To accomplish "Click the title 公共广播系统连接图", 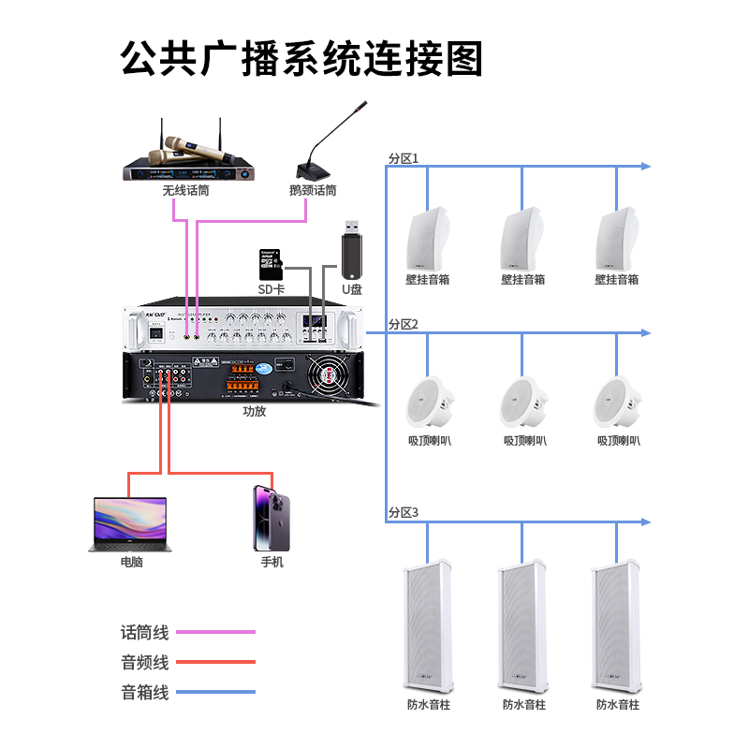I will tap(301, 58).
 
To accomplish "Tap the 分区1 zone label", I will tap(404, 158).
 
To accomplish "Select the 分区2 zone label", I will tap(404, 325).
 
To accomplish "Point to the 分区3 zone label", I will tap(404, 512).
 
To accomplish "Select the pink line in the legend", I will tap(215, 632).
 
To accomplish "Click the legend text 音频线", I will tap(144, 662).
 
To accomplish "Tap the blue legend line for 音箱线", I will tap(215, 692).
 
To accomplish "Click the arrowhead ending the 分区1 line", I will tap(644, 167).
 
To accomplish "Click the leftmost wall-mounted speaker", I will tap(429, 238).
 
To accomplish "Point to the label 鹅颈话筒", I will tap(313, 190).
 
